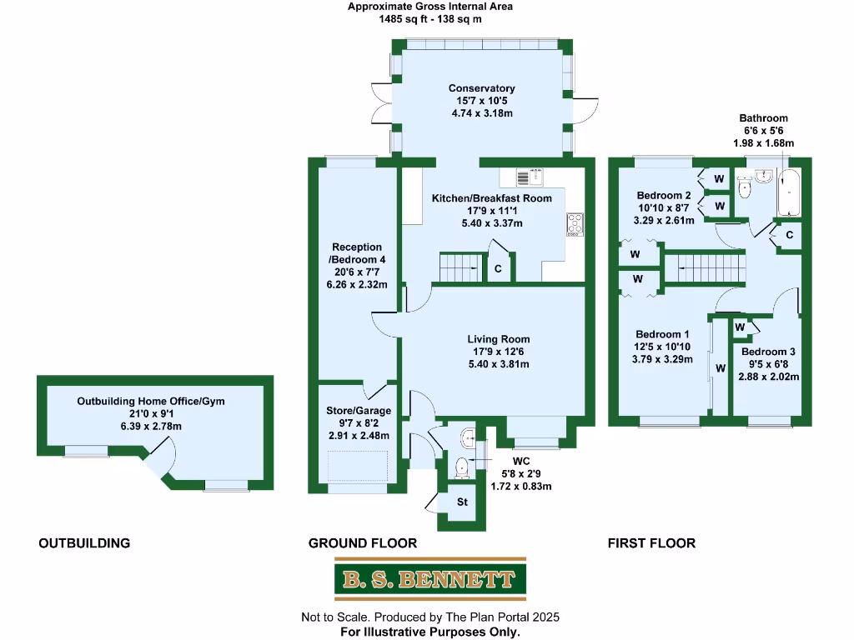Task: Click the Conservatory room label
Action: point(481,88)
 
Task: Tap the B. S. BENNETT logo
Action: point(430,579)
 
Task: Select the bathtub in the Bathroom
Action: point(788,192)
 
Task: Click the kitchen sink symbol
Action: point(529,177)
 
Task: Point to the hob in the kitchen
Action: point(575,223)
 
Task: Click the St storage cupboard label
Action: point(462,502)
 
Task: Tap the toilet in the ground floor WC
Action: point(461,467)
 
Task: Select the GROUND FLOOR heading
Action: point(362,543)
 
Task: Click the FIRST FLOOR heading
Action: point(651,543)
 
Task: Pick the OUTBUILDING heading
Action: point(84,543)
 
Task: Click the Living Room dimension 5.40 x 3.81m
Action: point(498,364)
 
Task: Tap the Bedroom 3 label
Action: point(770,352)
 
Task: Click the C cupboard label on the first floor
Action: point(788,236)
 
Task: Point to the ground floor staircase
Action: point(460,267)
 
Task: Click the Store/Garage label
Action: point(358,411)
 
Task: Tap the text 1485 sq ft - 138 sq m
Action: point(430,19)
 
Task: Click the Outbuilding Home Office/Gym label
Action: point(151,401)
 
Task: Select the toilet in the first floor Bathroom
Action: point(745,188)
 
